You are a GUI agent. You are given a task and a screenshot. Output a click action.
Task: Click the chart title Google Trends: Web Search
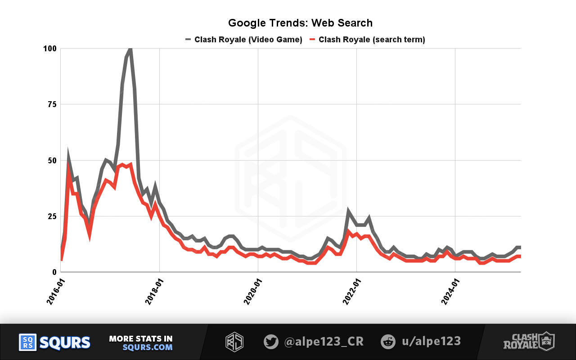click(x=300, y=23)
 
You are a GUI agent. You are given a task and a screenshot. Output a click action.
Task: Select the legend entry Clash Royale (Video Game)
click(x=248, y=40)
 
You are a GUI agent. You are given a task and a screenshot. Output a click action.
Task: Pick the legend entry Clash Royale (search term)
click(x=372, y=40)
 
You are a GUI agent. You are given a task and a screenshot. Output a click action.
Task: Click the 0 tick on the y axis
click(x=54, y=272)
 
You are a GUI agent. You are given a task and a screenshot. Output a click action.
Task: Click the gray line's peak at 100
click(x=130, y=49)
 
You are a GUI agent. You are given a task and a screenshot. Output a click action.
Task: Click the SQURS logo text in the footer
click(x=65, y=342)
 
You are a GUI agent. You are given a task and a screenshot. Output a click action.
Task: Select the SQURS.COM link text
click(x=148, y=347)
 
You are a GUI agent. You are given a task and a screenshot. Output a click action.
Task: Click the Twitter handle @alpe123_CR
click(x=324, y=342)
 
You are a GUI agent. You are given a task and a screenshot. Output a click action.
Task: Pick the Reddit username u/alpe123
click(x=431, y=342)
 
